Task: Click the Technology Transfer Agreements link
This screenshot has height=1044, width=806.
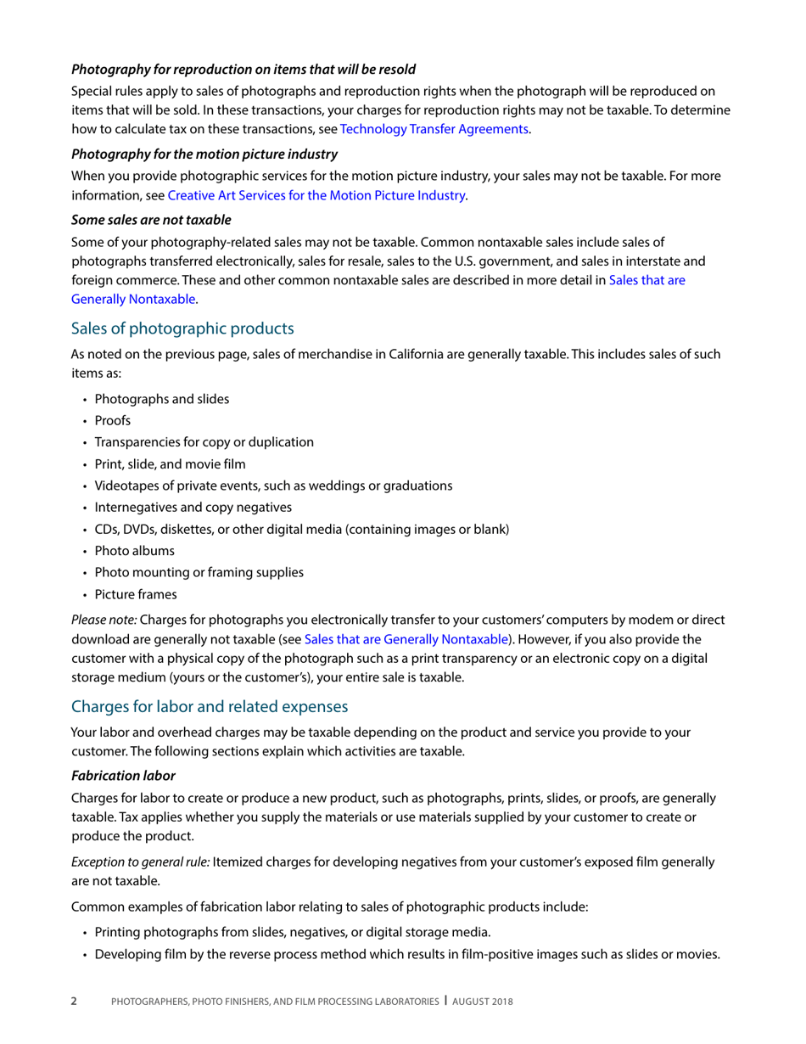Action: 434,129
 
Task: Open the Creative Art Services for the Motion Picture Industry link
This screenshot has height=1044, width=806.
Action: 316,194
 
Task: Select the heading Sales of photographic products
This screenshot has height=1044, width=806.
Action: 182,328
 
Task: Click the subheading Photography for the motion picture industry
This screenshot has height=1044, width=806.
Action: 204,154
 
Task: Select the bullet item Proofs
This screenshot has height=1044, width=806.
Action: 113,420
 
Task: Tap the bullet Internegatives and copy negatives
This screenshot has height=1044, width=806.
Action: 193,507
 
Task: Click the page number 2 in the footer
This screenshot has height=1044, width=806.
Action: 73,1002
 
